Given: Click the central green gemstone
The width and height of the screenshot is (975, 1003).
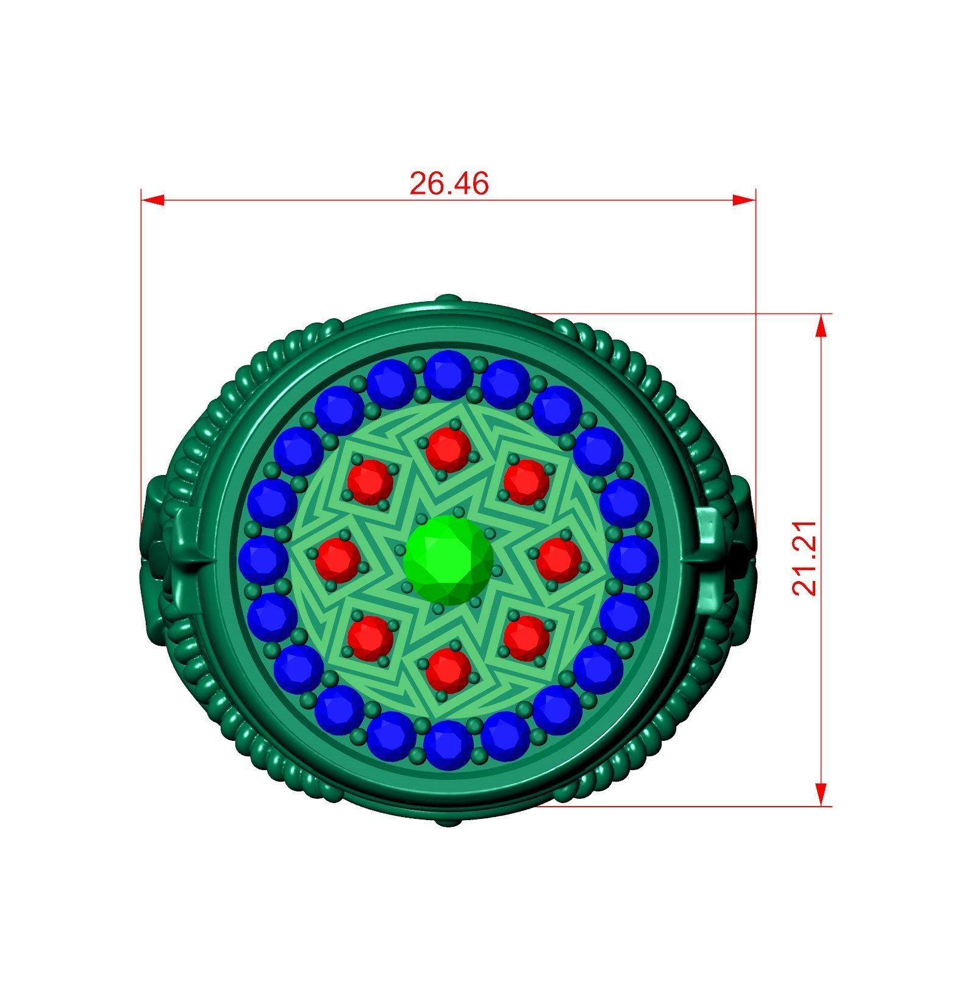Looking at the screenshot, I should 448,560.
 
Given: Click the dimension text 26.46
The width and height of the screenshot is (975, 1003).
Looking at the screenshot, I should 449,184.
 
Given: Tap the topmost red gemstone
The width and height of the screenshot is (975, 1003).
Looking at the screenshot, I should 448,449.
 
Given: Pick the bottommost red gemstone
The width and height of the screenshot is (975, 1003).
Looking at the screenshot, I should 448,669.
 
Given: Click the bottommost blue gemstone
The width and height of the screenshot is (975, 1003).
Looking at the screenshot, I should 448,744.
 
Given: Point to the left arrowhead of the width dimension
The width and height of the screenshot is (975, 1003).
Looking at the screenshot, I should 152,200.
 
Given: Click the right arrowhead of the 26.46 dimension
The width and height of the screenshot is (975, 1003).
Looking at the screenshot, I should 744,200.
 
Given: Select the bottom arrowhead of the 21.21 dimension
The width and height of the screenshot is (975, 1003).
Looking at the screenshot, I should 821,793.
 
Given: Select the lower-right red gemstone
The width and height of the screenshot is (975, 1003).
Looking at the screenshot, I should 526,637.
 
